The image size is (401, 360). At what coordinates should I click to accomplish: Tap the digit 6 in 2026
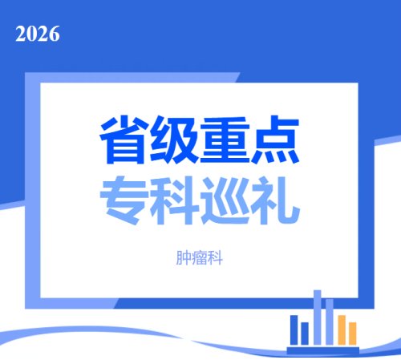click(55, 34)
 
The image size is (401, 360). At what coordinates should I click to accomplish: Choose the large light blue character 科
click(174, 200)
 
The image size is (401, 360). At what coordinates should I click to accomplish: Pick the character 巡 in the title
click(225, 200)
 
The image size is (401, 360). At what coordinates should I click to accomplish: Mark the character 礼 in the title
click(275, 200)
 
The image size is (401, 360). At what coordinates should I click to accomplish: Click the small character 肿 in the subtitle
click(184, 258)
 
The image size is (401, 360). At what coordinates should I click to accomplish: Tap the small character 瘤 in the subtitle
click(200, 258)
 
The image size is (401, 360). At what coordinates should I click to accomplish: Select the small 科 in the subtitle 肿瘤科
click(215, 258)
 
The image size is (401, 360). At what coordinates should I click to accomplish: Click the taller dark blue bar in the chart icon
click(294, 330)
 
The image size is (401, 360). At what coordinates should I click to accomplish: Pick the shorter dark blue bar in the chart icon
click(305, 334)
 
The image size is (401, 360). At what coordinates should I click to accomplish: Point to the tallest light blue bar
click(318, 318)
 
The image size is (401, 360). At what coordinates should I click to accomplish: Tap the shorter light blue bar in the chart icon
click(330, 322)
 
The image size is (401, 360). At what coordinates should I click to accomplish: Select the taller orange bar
click(342, 330)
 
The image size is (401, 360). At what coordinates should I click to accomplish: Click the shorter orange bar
click(353, 334)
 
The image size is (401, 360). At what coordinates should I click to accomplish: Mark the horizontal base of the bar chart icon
click(323, 350)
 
